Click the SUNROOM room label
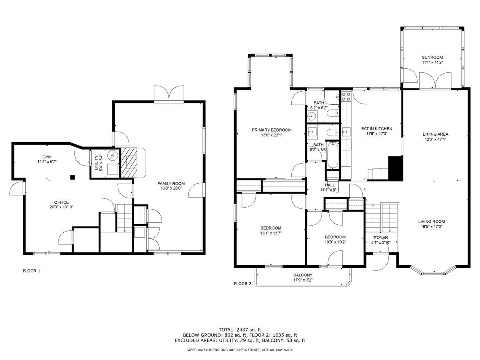pyautogui.click(x=432, y=57)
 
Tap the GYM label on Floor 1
pyautogui.click(x=47, y=157)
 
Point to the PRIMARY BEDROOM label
pyautogui.click(x=271, y=130)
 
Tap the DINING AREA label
pyautogui.click(x=435, y=134)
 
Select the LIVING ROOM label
pyautogui.click(x=432, y=222)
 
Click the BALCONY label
pyautogui.click(x=302, y=275)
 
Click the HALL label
pyautogui.click(x=330, y=185)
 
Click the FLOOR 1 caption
pyautogui.click(x=32, y=271)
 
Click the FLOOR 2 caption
pyautogui.click(x=242, y=284)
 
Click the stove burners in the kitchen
pyautogui.click(x=346, y=96)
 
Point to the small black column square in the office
pyautogui.click(x=72, y=177)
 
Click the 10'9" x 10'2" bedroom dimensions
pyautogui.click(x=335, y=242)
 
